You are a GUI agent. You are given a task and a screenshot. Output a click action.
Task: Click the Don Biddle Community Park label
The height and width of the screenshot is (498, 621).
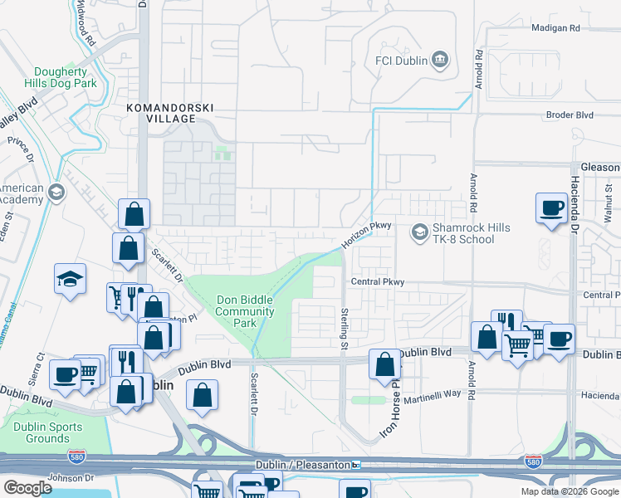pos(245,311)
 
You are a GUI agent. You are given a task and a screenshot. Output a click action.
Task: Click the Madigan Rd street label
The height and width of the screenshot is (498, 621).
pos(555,28)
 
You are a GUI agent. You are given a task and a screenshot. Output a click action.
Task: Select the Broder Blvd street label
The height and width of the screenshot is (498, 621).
pos(569,115)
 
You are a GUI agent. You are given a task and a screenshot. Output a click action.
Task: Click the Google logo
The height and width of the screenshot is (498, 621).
pos(27,487)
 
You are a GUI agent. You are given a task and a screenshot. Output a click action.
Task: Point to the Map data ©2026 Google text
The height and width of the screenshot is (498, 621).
pos(569,491)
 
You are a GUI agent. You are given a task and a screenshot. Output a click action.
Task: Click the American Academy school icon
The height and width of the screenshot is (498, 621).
pos(56,193)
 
